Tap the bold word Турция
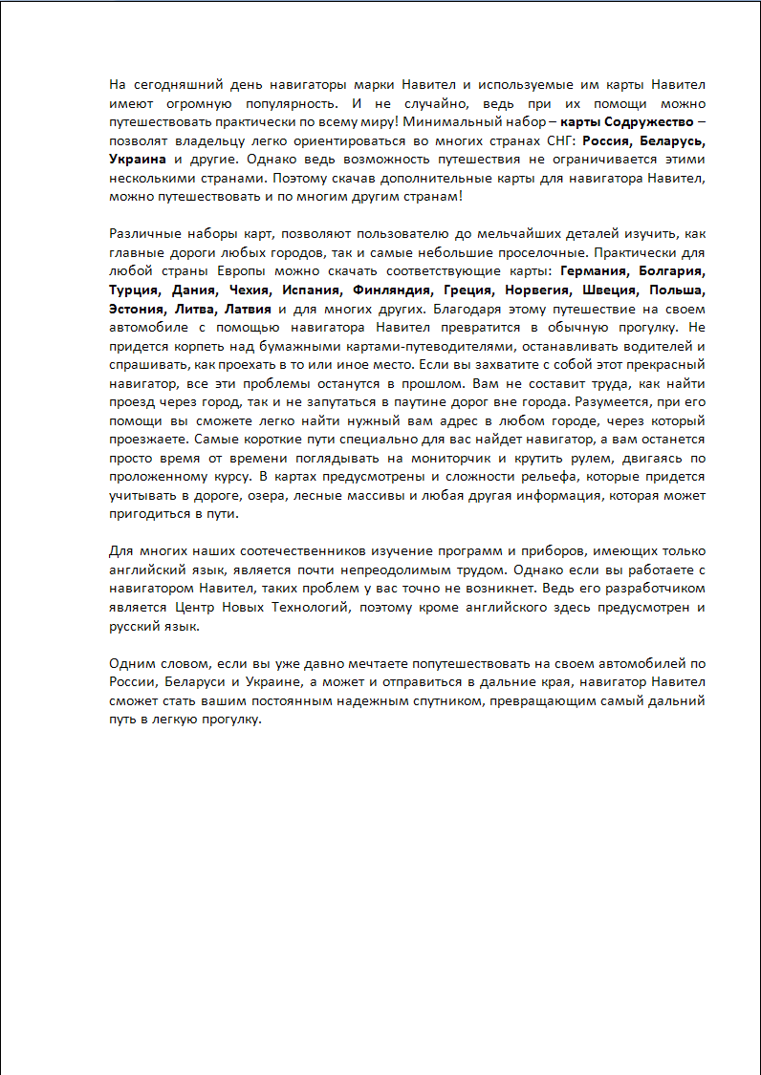click(134, 290)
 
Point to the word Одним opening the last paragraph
click(131, 663)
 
